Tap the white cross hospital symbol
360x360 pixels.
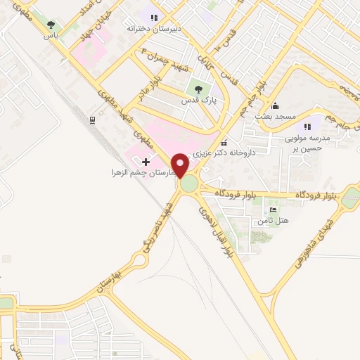click(x=146, y=162)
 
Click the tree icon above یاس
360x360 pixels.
click(x=50, y=25)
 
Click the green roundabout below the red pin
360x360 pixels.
click(x=189, y=184)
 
